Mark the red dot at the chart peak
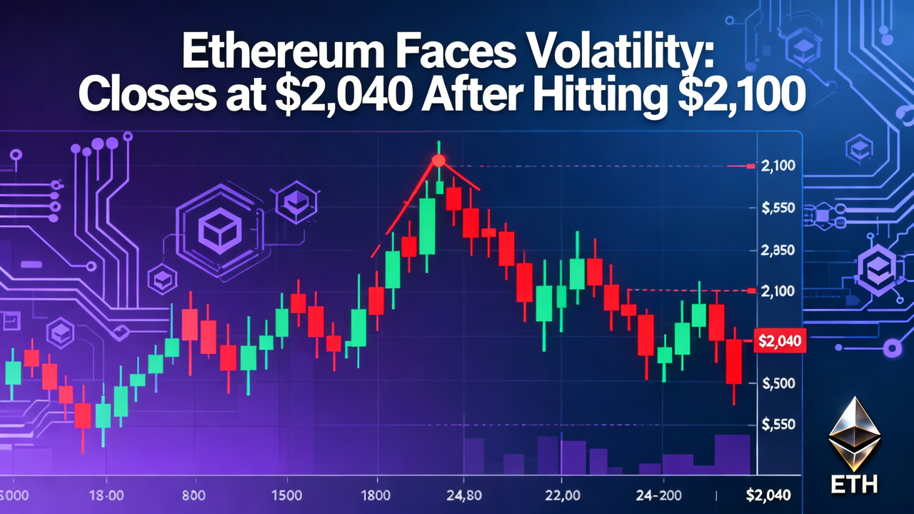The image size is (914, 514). click(x=439, y=160)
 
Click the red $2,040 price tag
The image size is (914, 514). click(x=780, y=342)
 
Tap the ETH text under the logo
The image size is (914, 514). click(x=854, y=485)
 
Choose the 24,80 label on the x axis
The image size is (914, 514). click(x=463, y=495)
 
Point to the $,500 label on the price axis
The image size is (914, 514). click(x=779, y=383)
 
